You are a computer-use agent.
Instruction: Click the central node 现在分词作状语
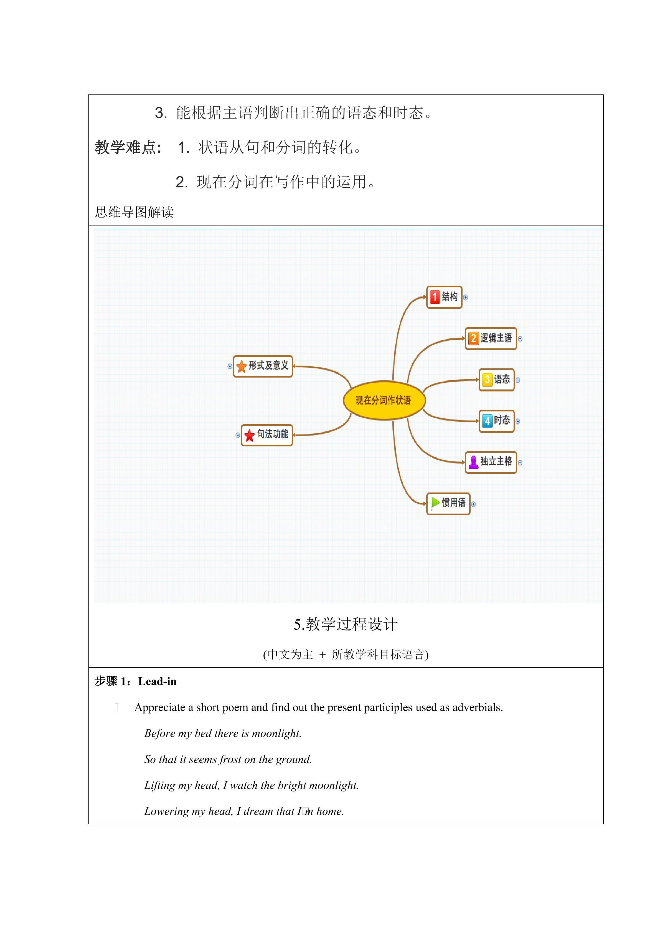384,400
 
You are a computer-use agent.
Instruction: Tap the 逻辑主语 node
491,338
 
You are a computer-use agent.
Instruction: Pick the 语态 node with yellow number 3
496,380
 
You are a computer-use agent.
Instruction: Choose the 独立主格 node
491,462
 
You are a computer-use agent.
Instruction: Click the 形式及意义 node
263,366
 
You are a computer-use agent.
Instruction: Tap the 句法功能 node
267,435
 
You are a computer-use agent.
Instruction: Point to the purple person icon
473,462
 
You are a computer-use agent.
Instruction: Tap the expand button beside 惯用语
473,504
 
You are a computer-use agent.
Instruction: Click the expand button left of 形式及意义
230,366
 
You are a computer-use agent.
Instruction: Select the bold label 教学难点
128,147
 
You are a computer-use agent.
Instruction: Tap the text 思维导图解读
134,212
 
